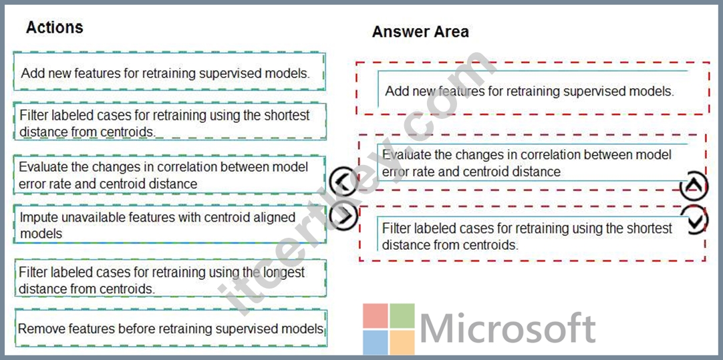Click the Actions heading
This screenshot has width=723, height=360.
tap(54, 27)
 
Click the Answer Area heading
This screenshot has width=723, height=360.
tap(420, 32)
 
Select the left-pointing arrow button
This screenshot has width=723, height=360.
tap(343, 181)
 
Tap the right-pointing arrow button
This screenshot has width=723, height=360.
tap(343, 215)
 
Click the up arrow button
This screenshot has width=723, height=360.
tap(694, 186)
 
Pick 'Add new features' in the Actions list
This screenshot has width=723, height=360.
tap(169, 72)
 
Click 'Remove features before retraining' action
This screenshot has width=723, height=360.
tap(170, 328)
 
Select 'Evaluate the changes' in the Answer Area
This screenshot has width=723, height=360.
tap(532, 162)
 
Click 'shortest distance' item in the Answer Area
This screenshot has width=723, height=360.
tap(532, 234)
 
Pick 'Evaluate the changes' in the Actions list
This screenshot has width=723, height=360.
tap(169, 174)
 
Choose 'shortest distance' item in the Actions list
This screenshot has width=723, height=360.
tap(169, 122)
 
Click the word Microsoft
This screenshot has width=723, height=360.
tap(508, 328)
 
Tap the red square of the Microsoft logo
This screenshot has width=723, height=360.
tap(376, 315)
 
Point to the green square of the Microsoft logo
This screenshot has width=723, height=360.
tap(402, 315)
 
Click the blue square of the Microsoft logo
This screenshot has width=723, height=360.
tap(376, 342)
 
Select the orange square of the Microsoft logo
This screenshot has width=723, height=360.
tap(402, 342)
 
